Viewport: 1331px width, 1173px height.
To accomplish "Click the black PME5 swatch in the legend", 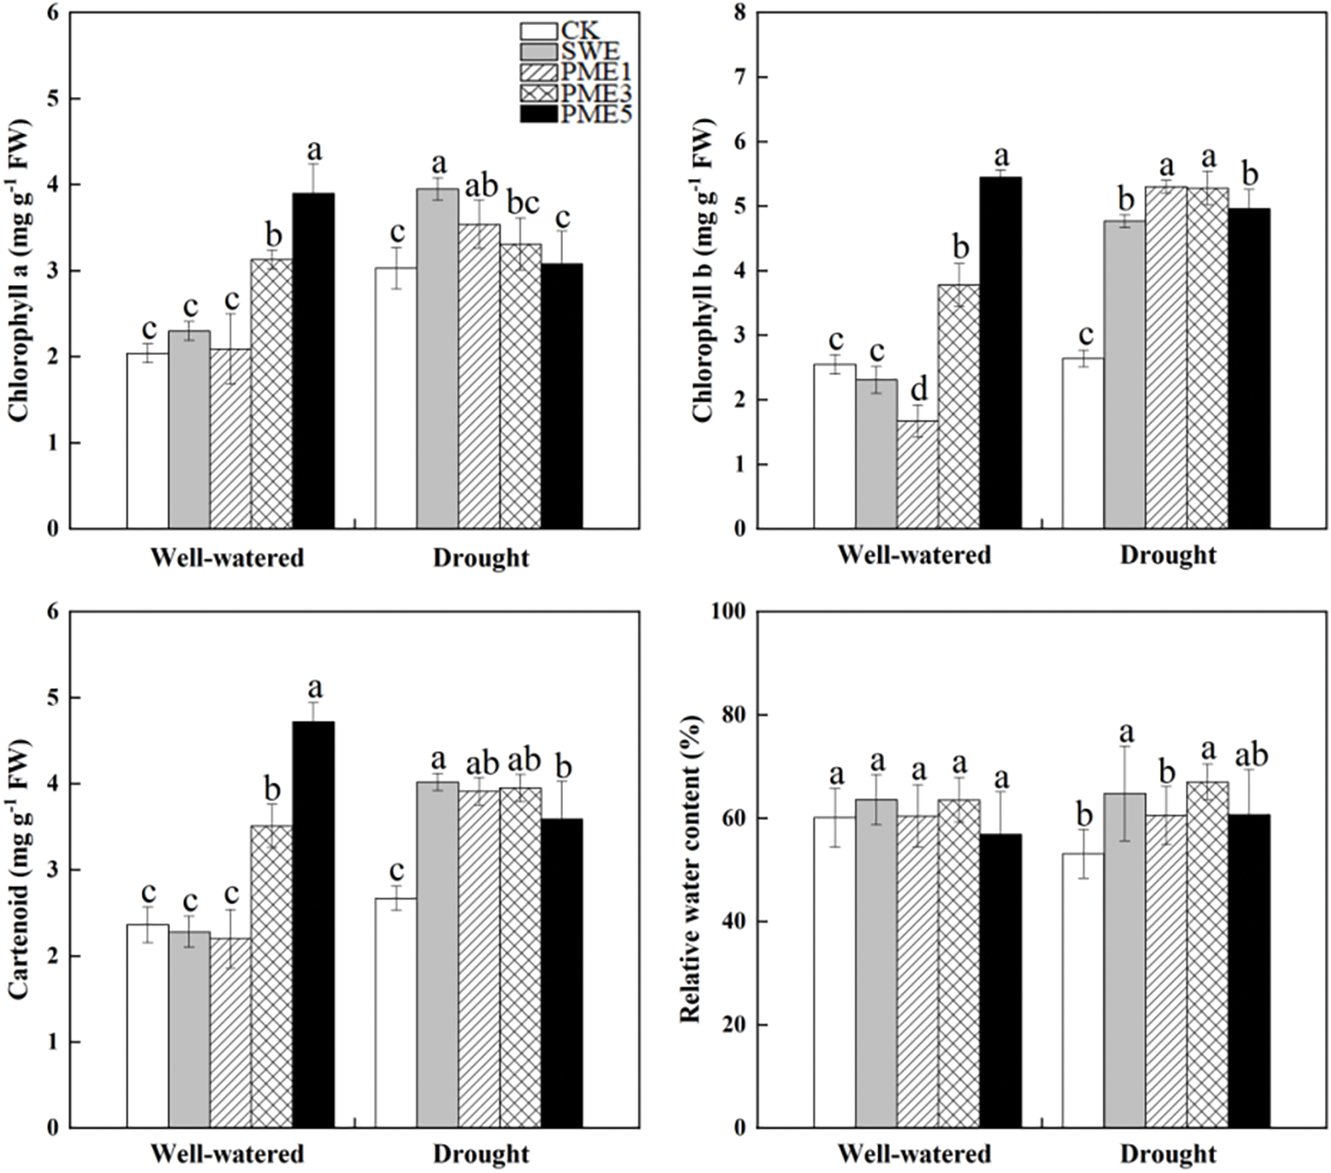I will point(538,114).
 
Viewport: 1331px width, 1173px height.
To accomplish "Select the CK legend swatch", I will point(538,32).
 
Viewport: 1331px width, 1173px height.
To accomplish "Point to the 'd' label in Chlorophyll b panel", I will point(918,390).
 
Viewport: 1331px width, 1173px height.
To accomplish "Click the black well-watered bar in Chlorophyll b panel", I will point(1000,352).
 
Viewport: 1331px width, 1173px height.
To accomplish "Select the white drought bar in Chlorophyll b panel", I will point(1083,443).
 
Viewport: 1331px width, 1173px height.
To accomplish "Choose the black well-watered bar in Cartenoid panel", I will point(313,924).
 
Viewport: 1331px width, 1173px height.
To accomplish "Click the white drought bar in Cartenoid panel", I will point(396,1012).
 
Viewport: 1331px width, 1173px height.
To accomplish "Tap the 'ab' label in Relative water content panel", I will point(1250,755).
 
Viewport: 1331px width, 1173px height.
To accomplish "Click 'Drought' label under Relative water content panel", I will point(1168,1154).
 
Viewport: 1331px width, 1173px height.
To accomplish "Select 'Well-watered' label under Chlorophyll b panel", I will point(914,555).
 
